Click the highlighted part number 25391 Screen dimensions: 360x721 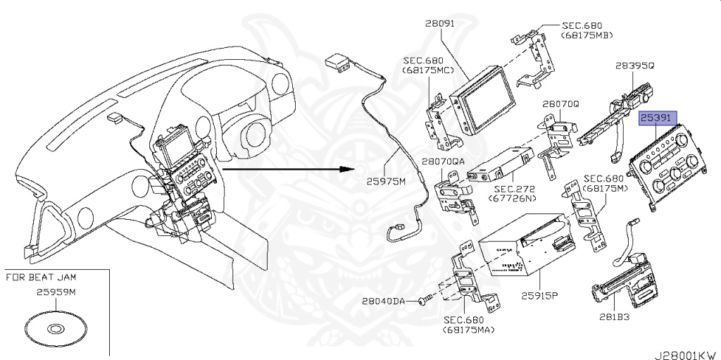658,118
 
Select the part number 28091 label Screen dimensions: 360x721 441,23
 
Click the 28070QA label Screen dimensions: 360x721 444,161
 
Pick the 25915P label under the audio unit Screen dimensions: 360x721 539,294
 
